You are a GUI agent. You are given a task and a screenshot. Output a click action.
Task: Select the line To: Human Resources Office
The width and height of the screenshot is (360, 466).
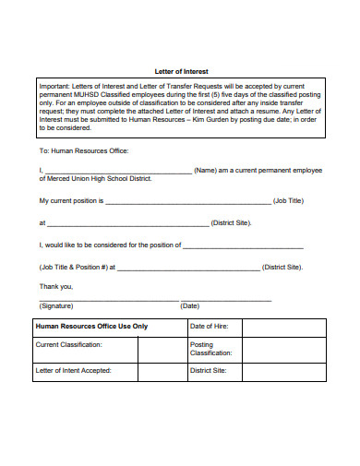[x=83, y=150]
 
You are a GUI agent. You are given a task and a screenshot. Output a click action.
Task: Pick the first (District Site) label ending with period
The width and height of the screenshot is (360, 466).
[x=231, y=222]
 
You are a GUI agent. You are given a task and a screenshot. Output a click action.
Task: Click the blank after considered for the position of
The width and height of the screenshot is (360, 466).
[x=244, y=245]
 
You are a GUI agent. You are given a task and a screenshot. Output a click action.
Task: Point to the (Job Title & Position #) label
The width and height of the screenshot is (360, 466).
[x=76, y=268]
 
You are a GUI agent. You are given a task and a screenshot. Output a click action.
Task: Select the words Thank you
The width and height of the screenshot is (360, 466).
[x=55, y=286]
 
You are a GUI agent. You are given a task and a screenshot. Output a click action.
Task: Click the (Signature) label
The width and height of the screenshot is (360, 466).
[x=56, y=305]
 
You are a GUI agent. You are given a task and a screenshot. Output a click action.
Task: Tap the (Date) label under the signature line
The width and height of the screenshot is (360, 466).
[x=189, y=305]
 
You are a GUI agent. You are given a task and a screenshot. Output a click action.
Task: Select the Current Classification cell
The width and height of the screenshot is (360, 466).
[x=68, y=344]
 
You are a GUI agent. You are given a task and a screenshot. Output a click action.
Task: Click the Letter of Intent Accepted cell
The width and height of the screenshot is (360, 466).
[x=73, y=371]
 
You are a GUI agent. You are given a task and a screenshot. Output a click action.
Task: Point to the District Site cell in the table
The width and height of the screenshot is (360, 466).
[x=208, y=371]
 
